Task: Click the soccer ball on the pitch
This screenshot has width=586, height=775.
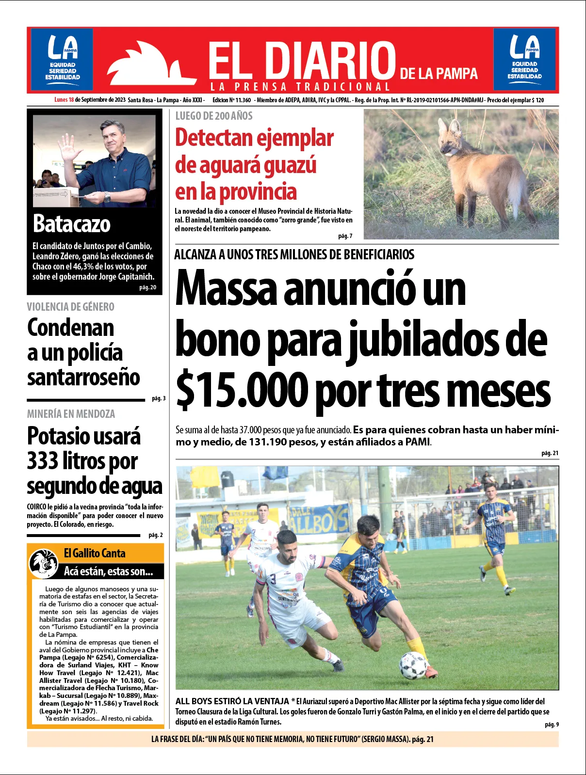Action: [x=413, y=665]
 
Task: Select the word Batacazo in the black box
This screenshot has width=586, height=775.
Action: [x=72, y=224]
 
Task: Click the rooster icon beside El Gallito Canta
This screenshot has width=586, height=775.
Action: [x=44, y=563]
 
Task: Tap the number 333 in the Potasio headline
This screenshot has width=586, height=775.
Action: [x=42, y=461]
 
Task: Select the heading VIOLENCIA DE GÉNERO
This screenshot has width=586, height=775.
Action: [x=71, y=307]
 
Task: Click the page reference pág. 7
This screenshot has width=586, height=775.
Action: [x=345, y=236]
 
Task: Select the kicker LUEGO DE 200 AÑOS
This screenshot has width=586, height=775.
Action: [x=214, y=116]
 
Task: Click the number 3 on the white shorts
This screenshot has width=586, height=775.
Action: [x=273, y=579]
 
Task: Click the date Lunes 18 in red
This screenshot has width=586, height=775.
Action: [x=64, y=100]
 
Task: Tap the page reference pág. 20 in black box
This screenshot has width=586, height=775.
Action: [x=147, y=287]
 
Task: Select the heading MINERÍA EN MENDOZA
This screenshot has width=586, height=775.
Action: [x=71, y=414]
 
